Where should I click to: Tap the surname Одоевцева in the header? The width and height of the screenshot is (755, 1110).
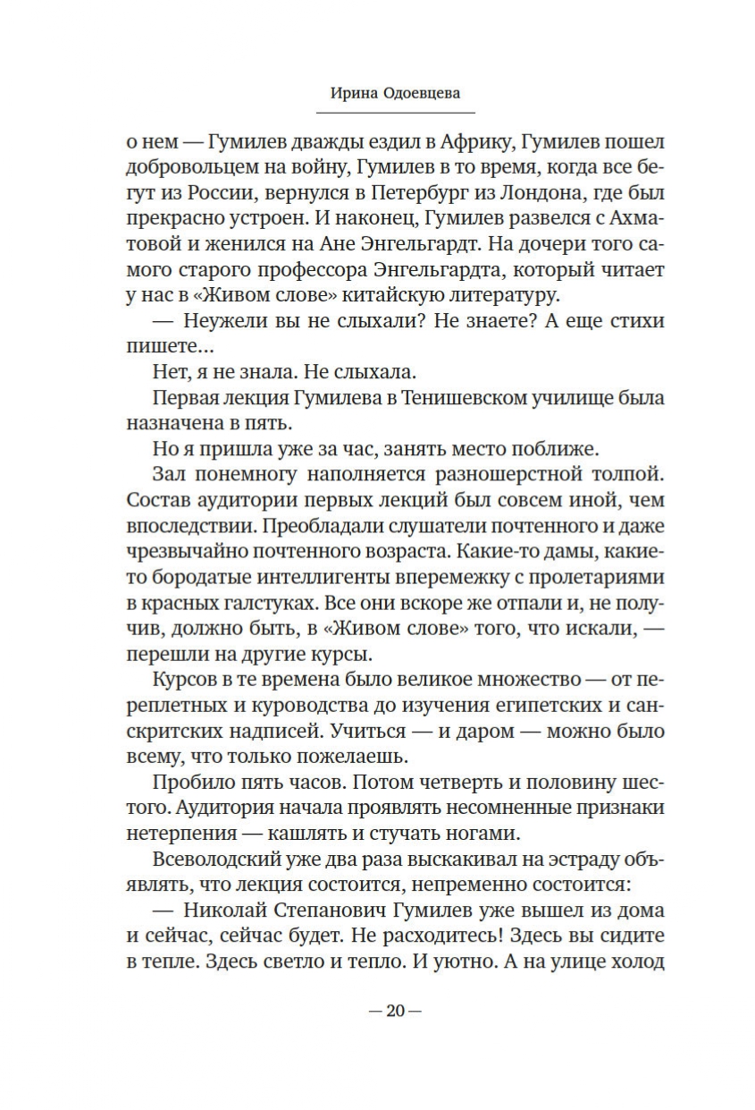(x=421, y=93)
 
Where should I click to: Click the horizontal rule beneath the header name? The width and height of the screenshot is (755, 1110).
(x=395, y=113)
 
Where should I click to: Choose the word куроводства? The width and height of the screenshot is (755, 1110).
(x=292, y=705)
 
